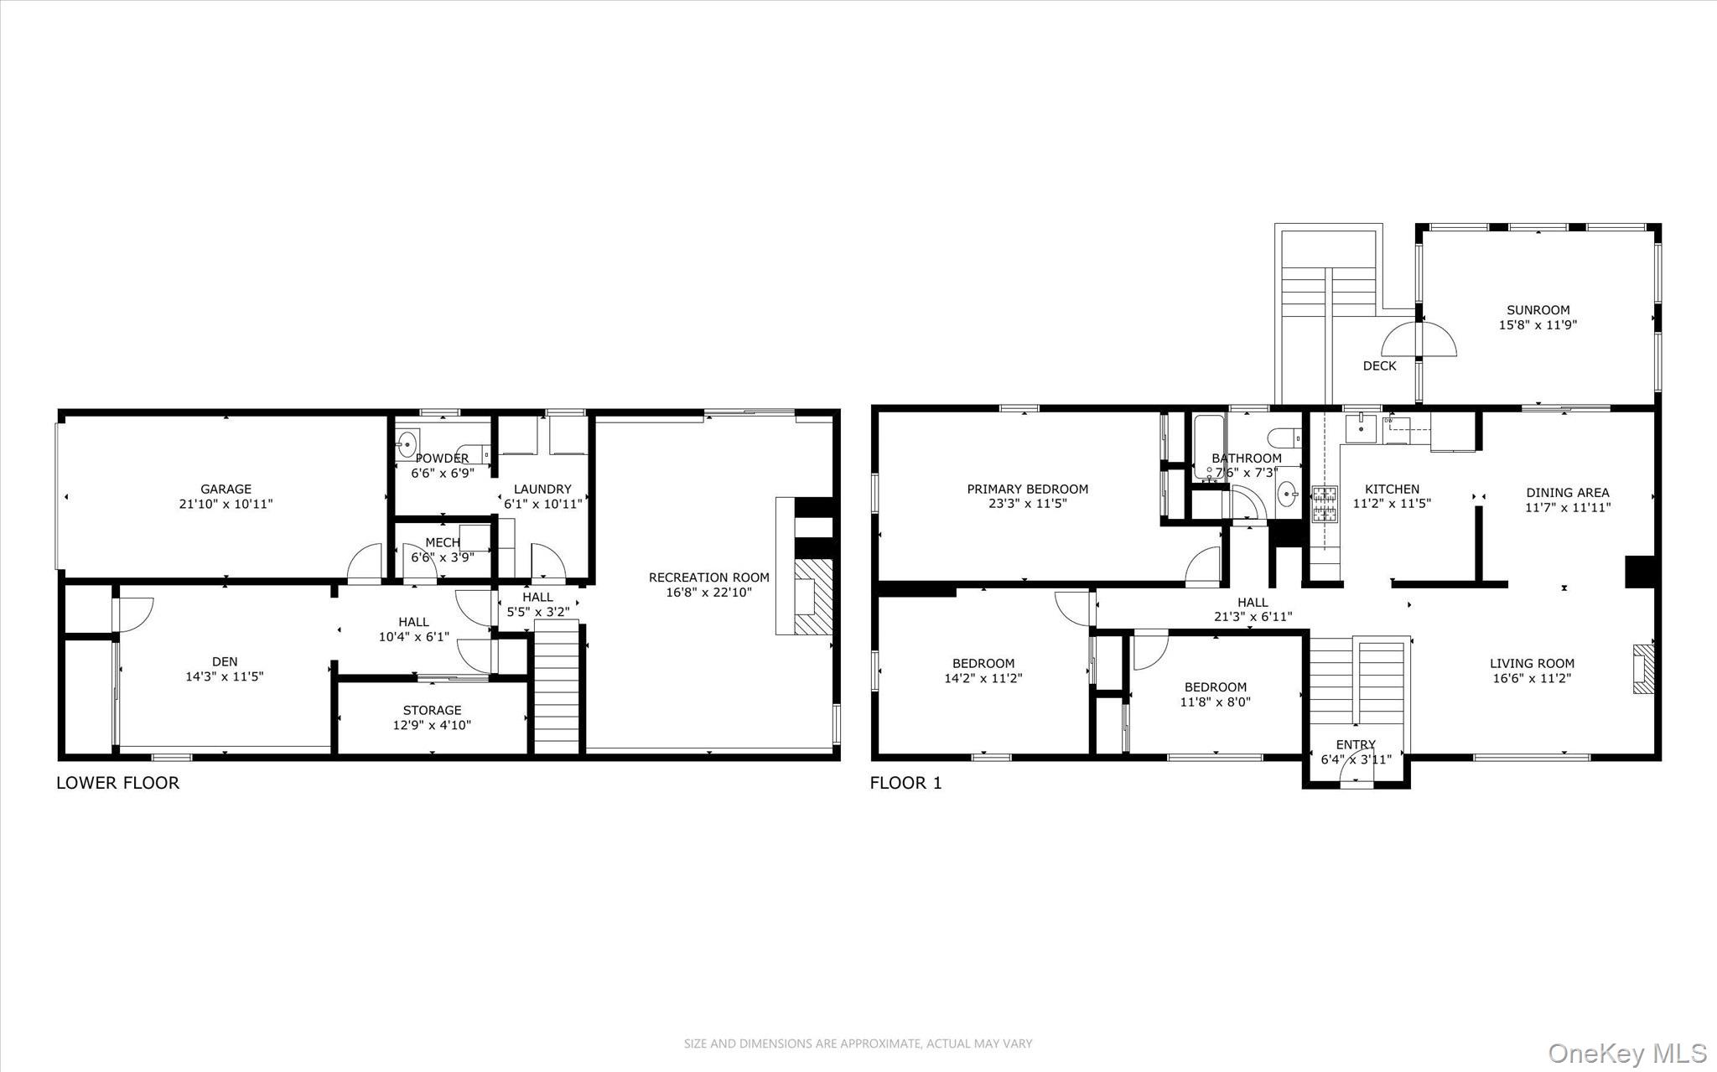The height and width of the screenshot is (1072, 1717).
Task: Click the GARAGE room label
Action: (x=226, y=489)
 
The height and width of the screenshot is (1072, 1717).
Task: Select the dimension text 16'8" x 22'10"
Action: (x=709, y=592)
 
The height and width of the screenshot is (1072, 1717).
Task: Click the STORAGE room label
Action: (x=432, y=710)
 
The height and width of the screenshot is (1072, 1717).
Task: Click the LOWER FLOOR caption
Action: (x=117, y=783)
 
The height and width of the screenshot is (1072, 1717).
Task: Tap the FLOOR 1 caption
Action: (x=905, y=783)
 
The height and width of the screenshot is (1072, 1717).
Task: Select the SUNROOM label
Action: (x=1538, y=310)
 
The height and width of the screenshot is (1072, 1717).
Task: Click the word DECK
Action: (x=1379, y=365)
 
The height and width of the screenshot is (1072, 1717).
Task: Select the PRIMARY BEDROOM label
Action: (x=1027, y=489)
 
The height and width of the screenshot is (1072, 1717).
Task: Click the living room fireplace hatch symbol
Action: (x=1643, y=668)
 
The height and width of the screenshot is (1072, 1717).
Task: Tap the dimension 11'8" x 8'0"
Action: (x=1215, y=702)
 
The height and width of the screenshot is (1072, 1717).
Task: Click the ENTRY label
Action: (x=1356, y=744)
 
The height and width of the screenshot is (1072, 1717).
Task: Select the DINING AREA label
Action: (x=1567, y=493)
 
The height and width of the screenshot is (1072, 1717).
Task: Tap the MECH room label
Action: (x=442, y=542)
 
